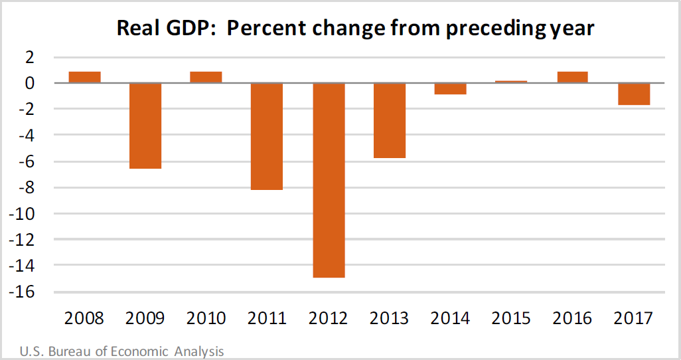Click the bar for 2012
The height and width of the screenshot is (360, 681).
[329, 180]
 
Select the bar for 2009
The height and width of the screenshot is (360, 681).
[145, 126]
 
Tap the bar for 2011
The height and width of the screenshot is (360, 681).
[267, 136]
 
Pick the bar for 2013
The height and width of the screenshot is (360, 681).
[390, 120]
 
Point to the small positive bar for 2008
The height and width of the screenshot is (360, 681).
[85, 77]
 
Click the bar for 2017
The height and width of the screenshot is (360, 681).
[633, 94]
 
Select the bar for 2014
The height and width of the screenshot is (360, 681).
[450, 88]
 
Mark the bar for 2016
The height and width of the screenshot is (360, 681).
[572, 77]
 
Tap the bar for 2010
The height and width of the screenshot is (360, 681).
[206, 77]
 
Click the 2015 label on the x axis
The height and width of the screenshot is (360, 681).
[511, 318]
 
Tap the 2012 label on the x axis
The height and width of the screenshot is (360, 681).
[329, 318]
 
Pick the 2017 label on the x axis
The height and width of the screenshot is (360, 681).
[633, 318]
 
